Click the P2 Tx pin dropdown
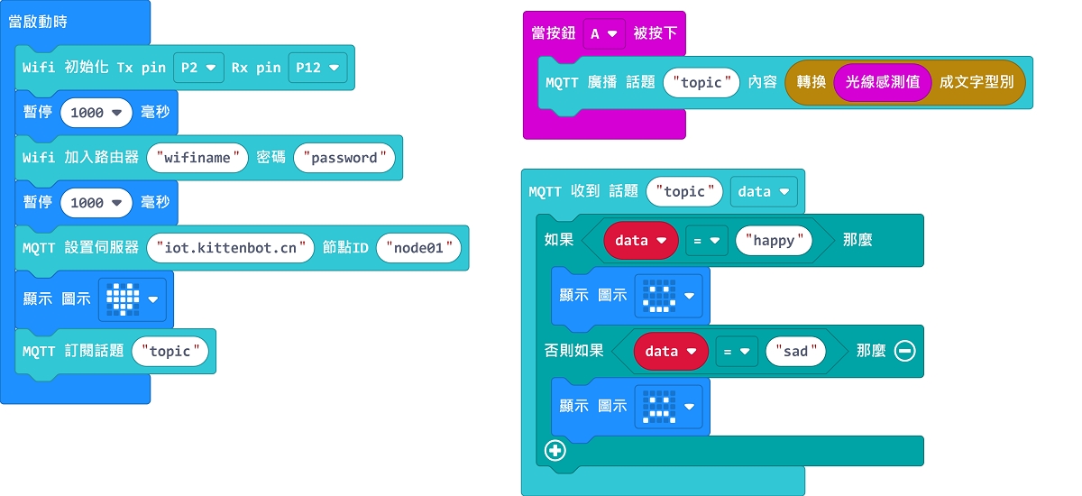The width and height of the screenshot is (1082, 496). pos(198,68)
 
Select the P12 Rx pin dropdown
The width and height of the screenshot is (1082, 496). pos(317,68)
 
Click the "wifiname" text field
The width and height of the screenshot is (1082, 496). pos(197,158)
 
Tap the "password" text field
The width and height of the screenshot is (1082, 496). pos(344,158)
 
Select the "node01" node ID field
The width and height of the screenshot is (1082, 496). pos(418,247)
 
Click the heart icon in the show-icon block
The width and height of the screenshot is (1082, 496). pos(124,299)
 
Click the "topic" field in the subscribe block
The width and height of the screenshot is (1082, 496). pos(170,351)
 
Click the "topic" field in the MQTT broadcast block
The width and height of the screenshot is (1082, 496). pos(701,82)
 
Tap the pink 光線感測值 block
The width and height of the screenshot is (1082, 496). pos(882,82)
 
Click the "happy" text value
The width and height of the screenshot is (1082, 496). pos(774,241)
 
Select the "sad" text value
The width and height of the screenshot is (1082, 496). pos(795,351)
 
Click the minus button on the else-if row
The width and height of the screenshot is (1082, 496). pos(904,351)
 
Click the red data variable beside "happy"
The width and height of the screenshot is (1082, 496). pos(640,241)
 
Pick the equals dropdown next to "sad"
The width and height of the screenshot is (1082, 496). pos(737,351)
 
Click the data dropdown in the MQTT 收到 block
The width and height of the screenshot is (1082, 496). pos(764,191)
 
